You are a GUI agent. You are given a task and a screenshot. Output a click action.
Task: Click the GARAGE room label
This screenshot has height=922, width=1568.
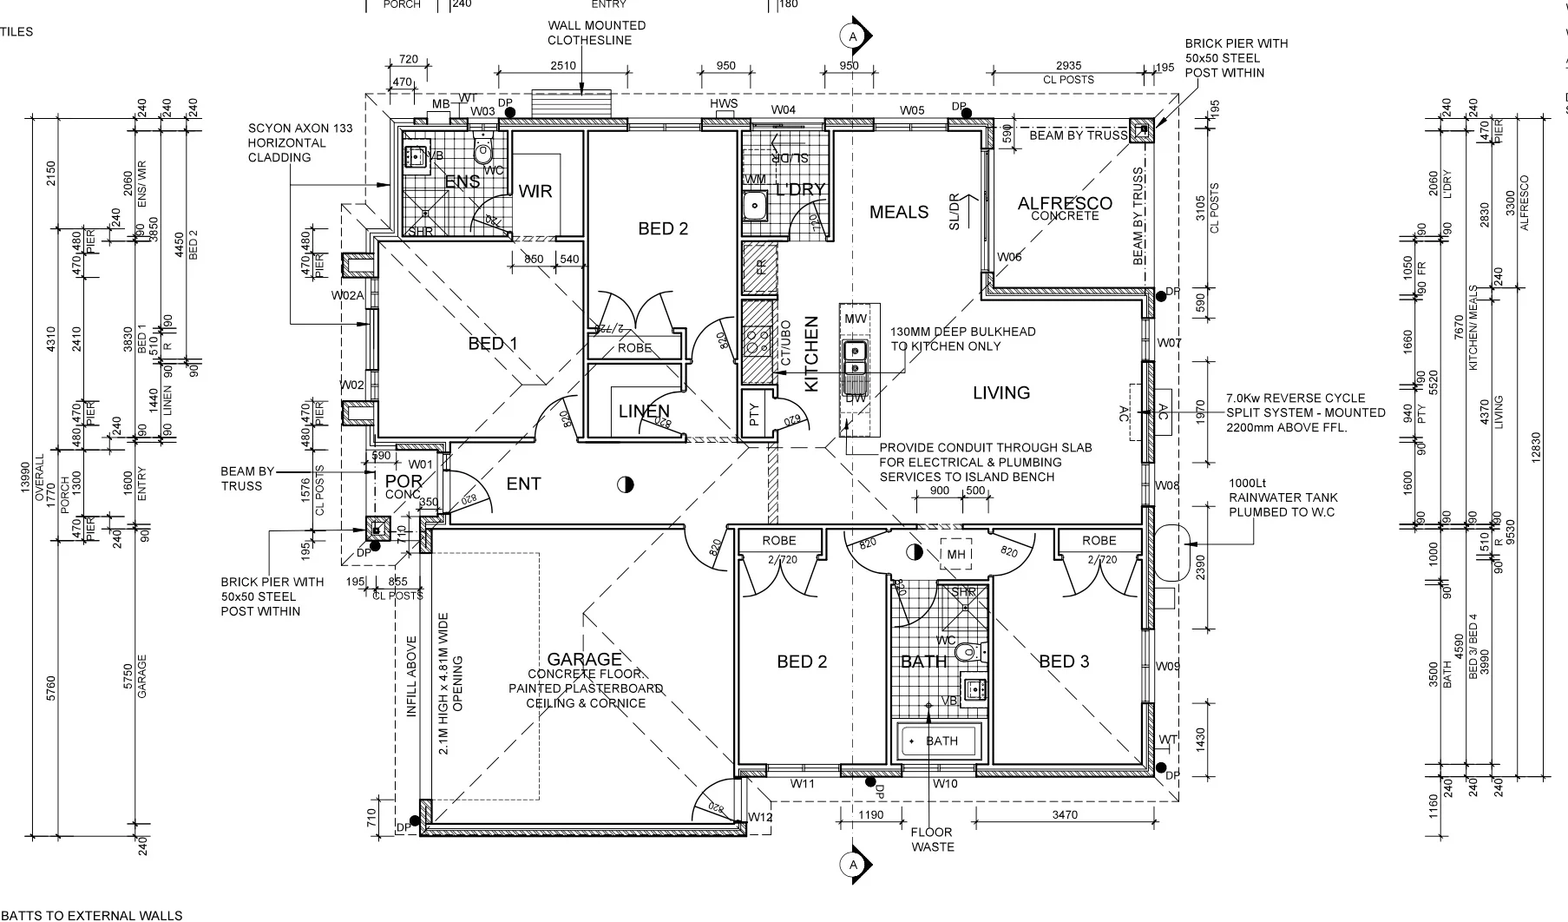tap(584, 660)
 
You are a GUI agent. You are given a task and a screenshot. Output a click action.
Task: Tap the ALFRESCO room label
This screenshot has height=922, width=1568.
tap(1065, 204)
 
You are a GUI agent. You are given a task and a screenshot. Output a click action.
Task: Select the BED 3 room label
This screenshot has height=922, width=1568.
tap(1064, 662)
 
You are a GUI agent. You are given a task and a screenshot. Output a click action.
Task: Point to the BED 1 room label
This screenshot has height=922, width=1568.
tap(492, 344)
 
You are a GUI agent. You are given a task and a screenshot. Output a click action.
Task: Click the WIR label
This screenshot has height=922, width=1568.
tap(535, 191)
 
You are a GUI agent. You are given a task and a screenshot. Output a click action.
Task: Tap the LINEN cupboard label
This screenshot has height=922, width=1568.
tap(644, 412)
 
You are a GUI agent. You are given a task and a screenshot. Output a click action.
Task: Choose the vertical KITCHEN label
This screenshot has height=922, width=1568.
tap(812, 354)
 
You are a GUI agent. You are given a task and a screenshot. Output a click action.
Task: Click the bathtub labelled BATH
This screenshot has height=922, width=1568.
tap(941, 741)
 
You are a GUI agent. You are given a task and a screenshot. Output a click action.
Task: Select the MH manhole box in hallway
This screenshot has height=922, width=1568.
tap(956, 555)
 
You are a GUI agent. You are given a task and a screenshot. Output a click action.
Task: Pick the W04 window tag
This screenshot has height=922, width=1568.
tap(784, 110)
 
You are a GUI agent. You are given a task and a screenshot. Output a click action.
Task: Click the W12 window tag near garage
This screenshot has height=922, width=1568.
tap(760, 817)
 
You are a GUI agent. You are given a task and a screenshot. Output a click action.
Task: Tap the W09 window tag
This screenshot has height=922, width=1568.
tap(1168, 667)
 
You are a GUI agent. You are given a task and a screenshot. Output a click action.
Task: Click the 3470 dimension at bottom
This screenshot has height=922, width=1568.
tap(1064, 815)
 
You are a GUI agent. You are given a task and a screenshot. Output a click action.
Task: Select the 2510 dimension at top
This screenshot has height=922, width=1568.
tap(563, 66)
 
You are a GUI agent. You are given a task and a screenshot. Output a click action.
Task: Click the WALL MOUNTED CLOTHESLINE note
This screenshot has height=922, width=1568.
tap(596, 33)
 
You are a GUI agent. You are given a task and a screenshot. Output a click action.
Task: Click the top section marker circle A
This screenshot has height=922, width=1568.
tap(853, 36)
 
